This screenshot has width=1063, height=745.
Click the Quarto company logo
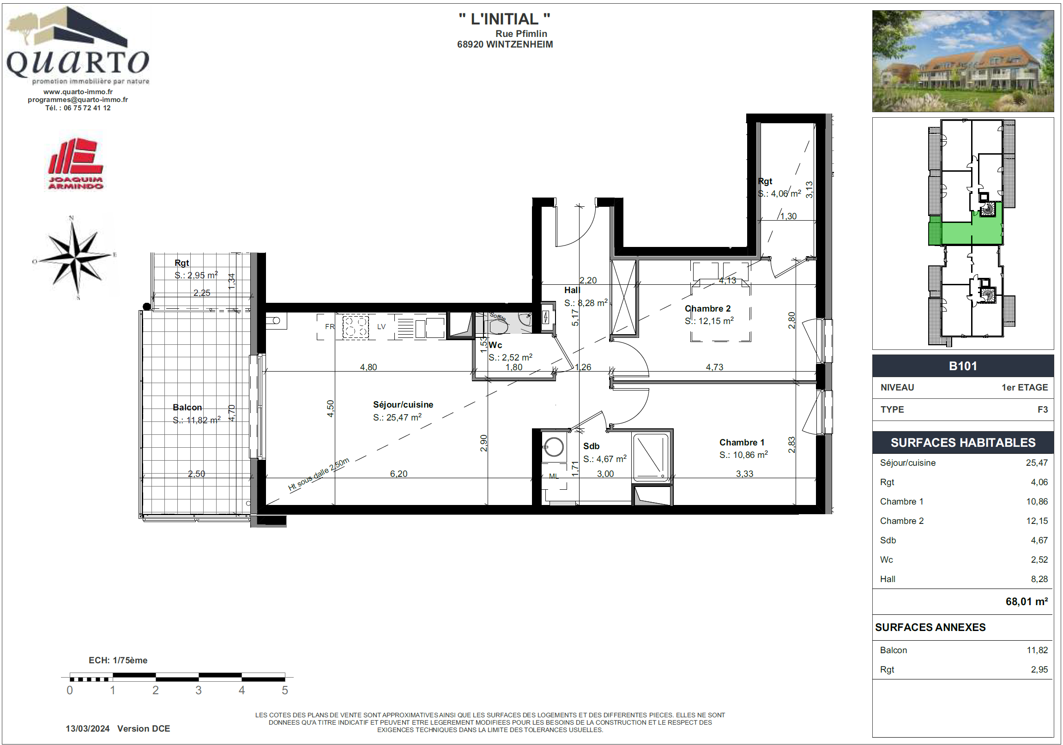[x=78, y=45]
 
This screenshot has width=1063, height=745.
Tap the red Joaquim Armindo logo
[x=75, y=164]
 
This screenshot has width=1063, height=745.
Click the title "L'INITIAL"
[x=505, y=19]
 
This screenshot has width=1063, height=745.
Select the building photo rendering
[x=963, y=61]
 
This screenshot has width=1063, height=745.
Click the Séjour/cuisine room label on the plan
[x=403, y=404]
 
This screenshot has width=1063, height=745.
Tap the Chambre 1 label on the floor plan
[x=742, y=442]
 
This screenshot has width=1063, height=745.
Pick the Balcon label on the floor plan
[x=187, y=407]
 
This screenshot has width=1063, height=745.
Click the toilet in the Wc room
[x=498, y=326]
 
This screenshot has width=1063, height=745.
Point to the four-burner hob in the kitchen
[x=356, y=327]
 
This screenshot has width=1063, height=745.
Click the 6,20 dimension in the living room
[x=399, y=474]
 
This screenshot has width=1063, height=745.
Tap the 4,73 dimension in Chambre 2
[x=714, y=367]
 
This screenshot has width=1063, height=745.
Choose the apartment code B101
[x=963, y=366]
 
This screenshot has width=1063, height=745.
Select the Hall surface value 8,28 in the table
[x=1039, y=579]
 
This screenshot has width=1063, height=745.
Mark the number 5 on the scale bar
[x=285, y=691]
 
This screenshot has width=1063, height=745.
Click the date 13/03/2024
[x=87, y=728]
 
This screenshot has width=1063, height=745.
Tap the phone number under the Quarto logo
[x=78, y=108]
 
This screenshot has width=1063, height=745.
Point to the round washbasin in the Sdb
[x=554, y=447]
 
